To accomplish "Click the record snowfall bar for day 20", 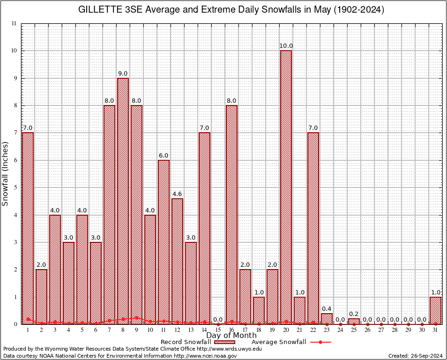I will click(x=286, y=187).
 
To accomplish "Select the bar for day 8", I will click(x=123, y=202).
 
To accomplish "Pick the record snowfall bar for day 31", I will click(x=435, y=310).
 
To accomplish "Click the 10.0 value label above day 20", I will click(x=286, y=46).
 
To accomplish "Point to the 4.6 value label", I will click(x=177, y=194).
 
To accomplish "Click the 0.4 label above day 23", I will click(x=327, y=308).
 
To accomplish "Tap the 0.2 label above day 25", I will click(x=354, y=314).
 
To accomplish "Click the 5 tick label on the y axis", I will click(x=15, y=187).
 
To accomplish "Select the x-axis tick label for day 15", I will click(x=218, y=330).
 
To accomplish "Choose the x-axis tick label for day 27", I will click(x=381, y=330).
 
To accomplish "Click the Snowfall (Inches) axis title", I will click(x=6, y=174).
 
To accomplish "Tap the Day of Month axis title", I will click(x=231, y=336).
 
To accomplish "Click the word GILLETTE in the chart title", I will click(x=101, y=10).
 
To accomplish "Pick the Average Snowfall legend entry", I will click(x=278, y=342).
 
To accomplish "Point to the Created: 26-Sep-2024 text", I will click(x=415, y=356).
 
